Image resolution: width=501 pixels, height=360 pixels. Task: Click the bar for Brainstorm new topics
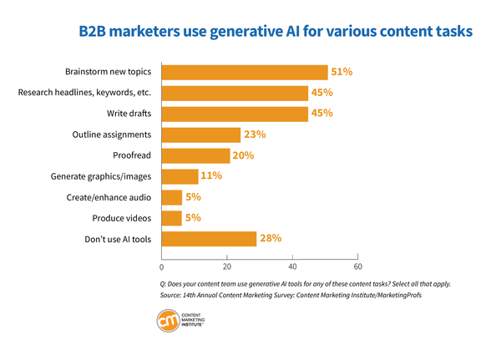(244, 72)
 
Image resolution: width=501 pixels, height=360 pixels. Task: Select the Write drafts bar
(234, 114)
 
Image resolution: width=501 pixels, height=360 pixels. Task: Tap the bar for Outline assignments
(200, 134)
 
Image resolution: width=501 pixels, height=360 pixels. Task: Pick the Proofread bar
(195, 155)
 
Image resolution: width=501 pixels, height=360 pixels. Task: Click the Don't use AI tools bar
(208, 239)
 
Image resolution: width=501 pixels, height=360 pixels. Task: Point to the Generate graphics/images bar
(180, 176)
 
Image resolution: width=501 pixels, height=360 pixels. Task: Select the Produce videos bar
(170, 218)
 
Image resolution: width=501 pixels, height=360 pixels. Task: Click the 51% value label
(341, 72)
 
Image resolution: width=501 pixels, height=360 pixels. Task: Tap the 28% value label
(271, 239)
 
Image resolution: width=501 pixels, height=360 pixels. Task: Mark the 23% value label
(255, 134)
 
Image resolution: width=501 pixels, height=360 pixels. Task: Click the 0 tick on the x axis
(160, 267)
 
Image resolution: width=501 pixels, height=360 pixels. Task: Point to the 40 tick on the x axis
(292, 267)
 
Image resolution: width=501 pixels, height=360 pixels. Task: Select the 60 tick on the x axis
(357, 267)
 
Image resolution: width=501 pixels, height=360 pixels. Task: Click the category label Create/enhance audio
(109, 197)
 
